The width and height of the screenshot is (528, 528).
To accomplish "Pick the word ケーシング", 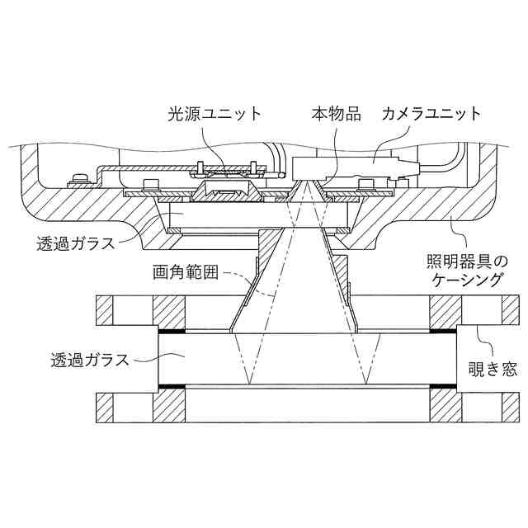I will coord(469,280).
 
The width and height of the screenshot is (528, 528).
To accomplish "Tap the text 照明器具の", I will coord(469,261).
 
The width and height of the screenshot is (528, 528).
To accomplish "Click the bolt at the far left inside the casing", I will coord(80,179).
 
